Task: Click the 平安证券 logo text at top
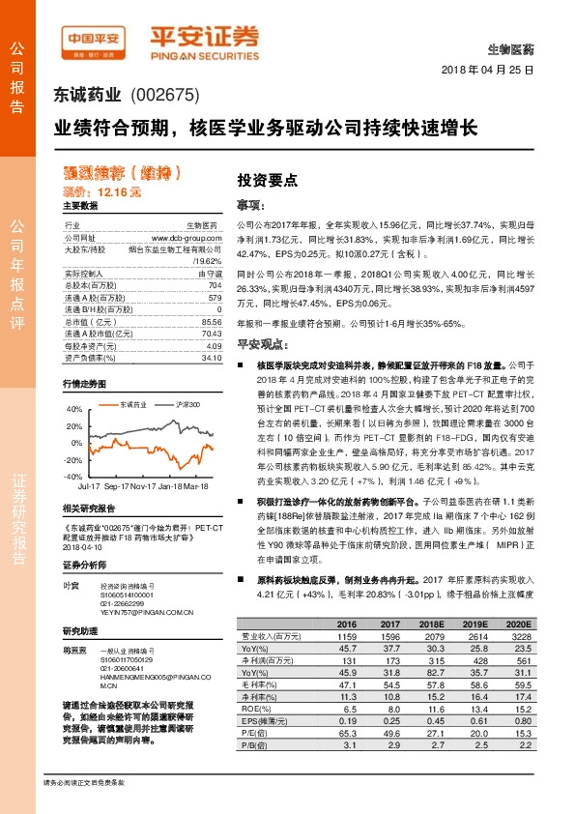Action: [x=204, y=37]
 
